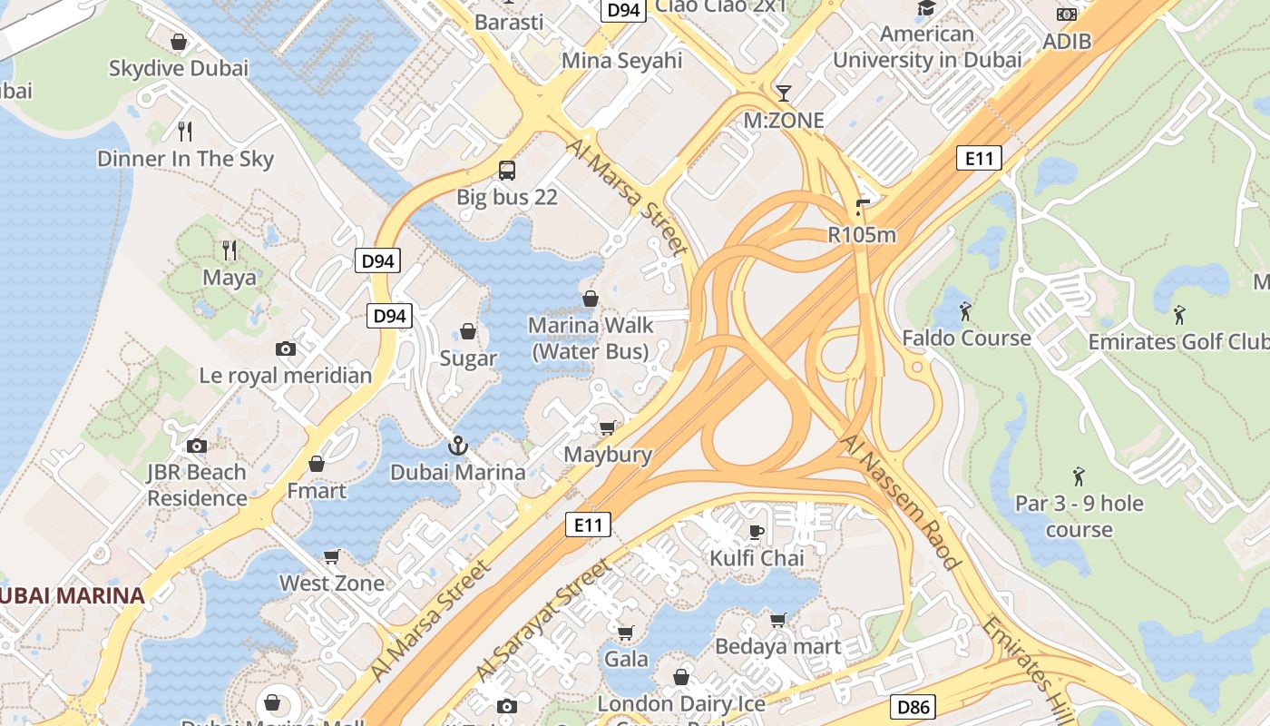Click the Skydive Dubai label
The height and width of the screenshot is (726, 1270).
pos(179,68)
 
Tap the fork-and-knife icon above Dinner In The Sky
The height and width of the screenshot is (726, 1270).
pos(185,132)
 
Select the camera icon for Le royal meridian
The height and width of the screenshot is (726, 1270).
pos(286,348)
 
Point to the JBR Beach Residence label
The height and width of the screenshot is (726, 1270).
pos(197,485)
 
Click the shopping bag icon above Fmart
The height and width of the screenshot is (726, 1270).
pos(316,464)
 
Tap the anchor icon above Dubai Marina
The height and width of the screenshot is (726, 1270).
pos(457,445)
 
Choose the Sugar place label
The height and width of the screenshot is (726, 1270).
pos(468,358)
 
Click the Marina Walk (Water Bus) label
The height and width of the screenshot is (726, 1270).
pos(591,338)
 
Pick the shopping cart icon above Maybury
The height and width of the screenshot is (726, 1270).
pos(608,427)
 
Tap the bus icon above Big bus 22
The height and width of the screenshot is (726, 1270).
pos(506,170)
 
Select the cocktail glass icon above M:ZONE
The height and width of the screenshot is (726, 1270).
pos(784,93)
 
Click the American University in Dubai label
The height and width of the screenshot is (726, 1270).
pos(927,47)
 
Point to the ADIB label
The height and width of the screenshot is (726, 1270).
pos(1067,41)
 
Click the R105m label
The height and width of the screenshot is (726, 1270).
pos(862,235)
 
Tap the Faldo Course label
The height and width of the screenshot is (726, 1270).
pos(966,338)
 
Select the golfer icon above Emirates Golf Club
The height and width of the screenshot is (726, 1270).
pos(1178,315)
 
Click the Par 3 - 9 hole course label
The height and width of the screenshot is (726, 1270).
pos(1079,515)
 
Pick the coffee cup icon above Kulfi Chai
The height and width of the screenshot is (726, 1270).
pos(757,531)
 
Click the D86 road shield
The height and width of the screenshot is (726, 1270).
pos(913,707)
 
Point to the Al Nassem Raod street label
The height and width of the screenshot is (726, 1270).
pos(901,502)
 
